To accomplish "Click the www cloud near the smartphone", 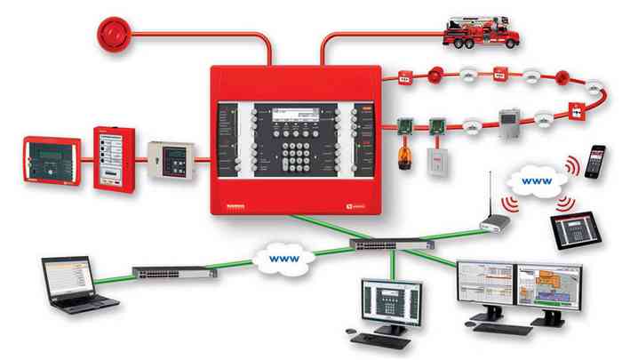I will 537,182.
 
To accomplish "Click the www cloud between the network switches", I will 281,260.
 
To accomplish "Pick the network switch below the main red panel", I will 391,244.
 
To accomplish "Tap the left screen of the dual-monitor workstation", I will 485,286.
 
